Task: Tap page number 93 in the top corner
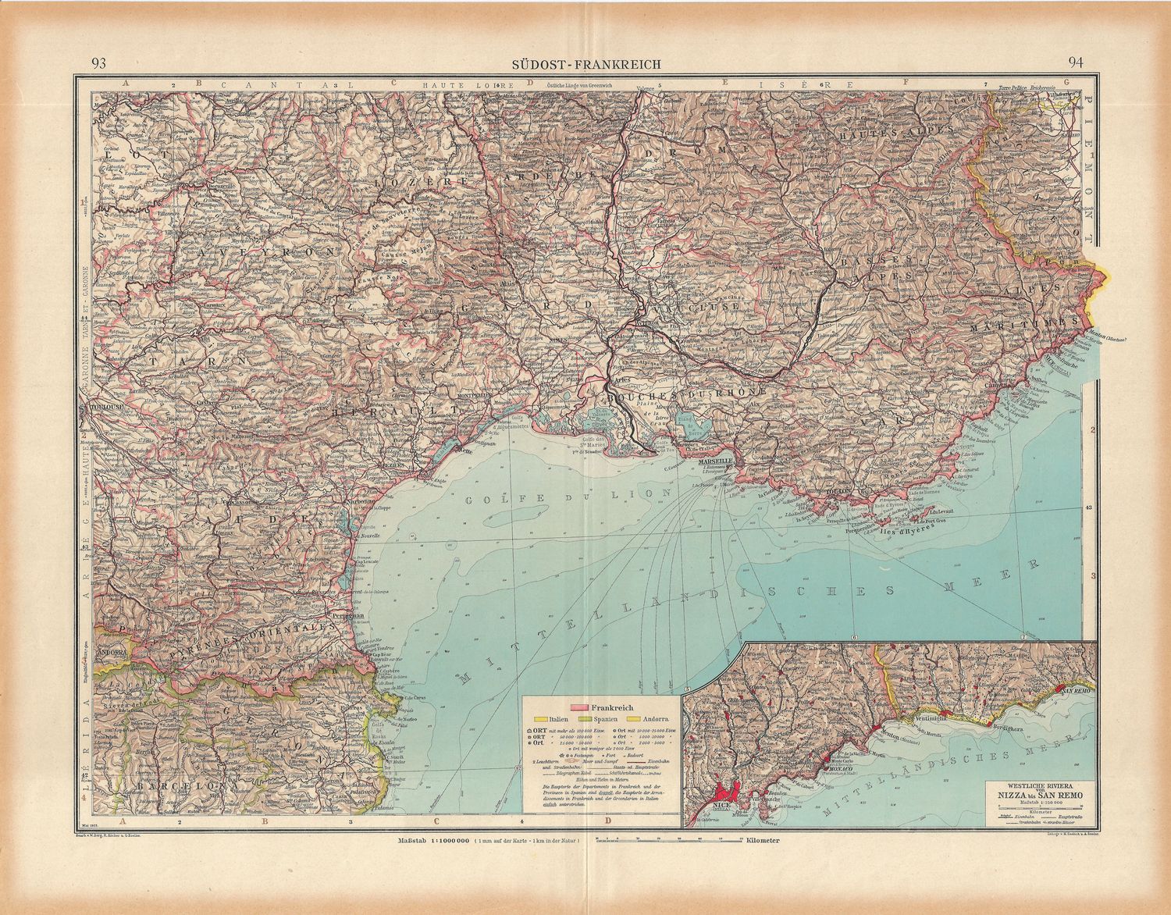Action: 99,64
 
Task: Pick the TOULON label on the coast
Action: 836,493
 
